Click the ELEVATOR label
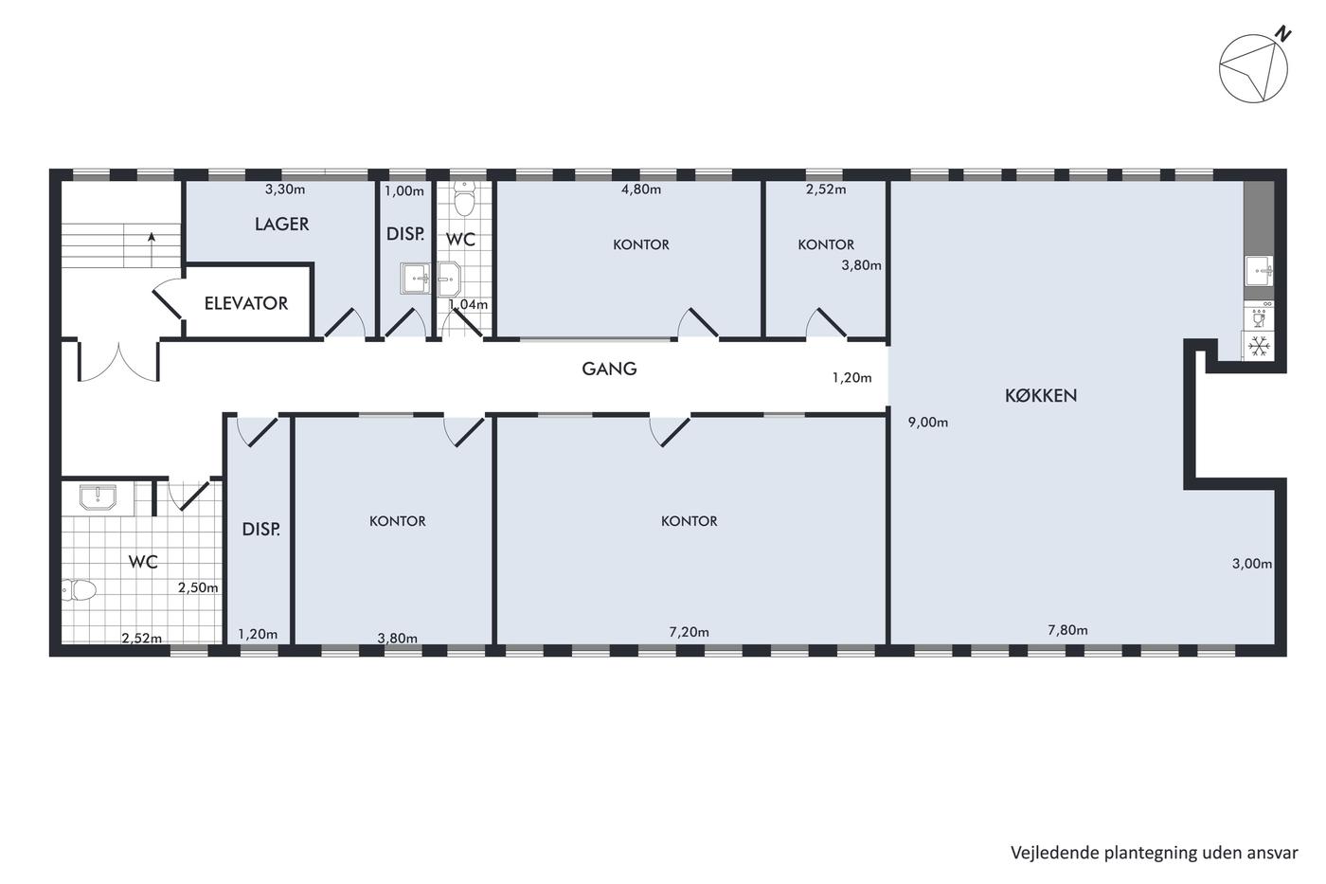point(245,303)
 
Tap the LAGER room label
point(282,225)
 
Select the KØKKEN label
point(1041,395)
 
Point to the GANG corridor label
point(609,369)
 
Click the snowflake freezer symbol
point(1259,346)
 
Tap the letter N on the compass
point(1281,34)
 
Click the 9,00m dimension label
point(928,423)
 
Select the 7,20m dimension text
point(690,632)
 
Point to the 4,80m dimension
point(641,189)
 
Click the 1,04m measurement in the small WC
point(468,304)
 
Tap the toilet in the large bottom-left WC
point(79,589)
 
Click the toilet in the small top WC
point(464,198)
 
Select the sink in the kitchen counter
point(1259,271)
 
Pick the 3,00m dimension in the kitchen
point(1252,564)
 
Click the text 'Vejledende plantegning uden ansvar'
point(1155,853)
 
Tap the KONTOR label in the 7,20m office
point(690,521)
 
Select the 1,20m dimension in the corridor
point(851,378)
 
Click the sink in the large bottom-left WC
point(99,496)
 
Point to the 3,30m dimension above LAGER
point(285,189)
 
